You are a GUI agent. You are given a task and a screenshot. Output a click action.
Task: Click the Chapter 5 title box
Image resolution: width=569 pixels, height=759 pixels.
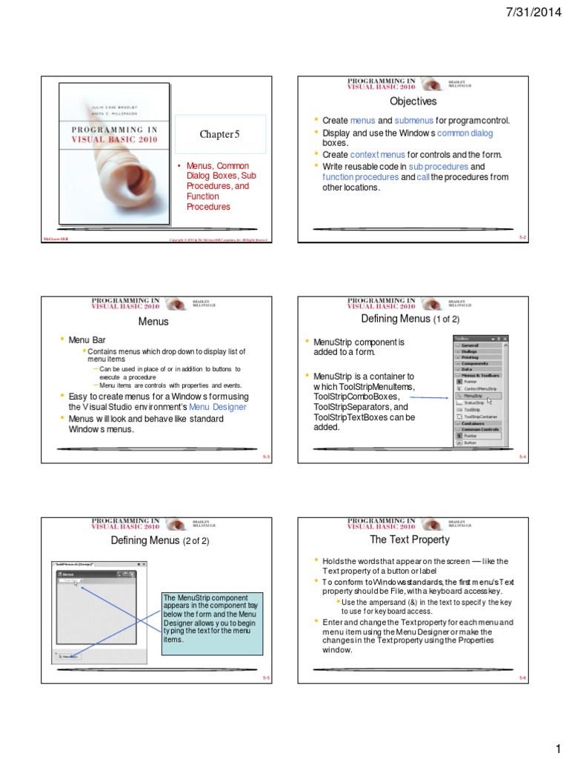[x=220, y=134]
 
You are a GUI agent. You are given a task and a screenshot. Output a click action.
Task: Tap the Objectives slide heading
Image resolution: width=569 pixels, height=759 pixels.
[x=413, y=101]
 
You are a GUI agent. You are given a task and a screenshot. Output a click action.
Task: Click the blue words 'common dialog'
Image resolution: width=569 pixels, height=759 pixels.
[x=465, y=133]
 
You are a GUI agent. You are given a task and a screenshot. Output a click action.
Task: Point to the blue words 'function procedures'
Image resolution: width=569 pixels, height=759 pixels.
[x=360, y=177]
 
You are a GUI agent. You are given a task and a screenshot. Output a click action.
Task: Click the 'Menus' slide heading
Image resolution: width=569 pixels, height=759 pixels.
[x=153, y=322]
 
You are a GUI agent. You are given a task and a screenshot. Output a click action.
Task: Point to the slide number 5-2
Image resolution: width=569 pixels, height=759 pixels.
[x=522, y=237]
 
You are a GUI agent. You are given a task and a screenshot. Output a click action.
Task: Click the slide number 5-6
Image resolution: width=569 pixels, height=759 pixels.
[x=522, y=677]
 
